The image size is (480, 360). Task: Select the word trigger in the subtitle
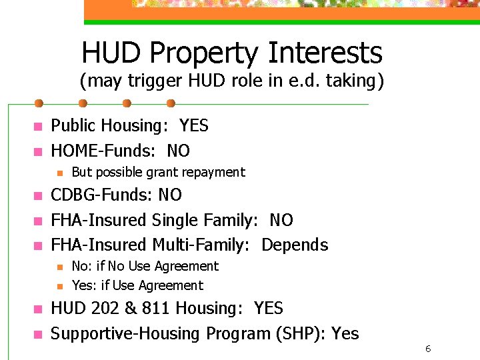click(141, 81)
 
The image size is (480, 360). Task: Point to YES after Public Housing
click(194, 125)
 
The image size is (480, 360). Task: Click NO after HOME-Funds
click(178, 151)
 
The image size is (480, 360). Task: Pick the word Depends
click(295, 245)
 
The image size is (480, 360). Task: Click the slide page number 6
click(427, 349)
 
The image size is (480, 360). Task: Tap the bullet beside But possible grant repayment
click(59, 173)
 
